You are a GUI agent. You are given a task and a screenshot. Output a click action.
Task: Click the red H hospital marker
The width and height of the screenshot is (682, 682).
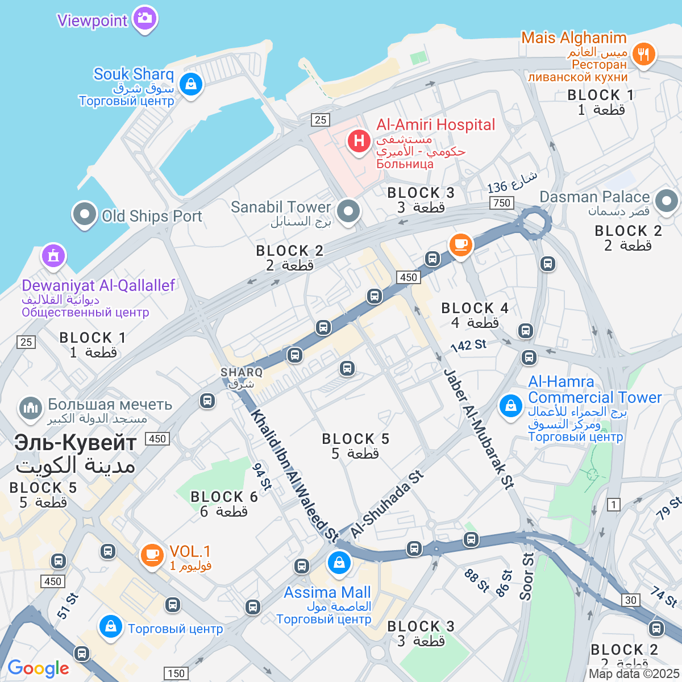[x=359, y=140]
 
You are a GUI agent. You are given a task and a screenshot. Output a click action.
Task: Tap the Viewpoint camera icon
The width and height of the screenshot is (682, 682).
[x=145, y=18]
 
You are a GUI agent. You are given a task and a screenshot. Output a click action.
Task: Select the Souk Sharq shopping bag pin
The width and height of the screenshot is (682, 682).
[x=190, y=85]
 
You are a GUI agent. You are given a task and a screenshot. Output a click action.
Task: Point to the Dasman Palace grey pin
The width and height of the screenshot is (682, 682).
[x=666, y=201]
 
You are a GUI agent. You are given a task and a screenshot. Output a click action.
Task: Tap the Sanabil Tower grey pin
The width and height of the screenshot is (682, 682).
[x=348, y=211]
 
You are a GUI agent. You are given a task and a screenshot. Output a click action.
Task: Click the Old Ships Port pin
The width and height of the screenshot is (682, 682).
[x=85, y=215]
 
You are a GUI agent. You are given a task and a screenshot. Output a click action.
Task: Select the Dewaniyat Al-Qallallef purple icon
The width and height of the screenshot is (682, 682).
[x=53, y=256]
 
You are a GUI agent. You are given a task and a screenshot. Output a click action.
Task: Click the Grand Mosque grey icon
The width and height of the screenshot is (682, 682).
[x=31, y=407]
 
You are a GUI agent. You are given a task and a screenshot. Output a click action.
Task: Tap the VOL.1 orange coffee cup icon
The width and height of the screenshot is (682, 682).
[x=152, y=554]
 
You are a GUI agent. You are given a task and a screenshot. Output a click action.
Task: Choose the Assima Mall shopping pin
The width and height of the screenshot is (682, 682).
[x=339, y=563]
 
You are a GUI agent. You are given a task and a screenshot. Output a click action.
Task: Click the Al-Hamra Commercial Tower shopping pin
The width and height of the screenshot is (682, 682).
[x=510, y=406]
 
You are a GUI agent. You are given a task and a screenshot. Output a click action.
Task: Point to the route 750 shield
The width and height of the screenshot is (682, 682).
[x=502, y=203]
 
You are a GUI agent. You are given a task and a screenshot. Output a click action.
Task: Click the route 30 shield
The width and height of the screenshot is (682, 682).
[x=631, y=600]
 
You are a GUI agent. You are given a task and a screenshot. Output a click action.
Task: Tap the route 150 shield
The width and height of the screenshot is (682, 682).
[x=176, y=673]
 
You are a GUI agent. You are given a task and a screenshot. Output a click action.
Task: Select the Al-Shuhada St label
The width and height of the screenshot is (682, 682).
[x=387, y=504]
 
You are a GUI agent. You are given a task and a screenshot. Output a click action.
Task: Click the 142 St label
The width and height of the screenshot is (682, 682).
[x=468, y=345]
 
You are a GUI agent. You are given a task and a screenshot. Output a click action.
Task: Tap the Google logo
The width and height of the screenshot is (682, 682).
[x=38, y=668]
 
